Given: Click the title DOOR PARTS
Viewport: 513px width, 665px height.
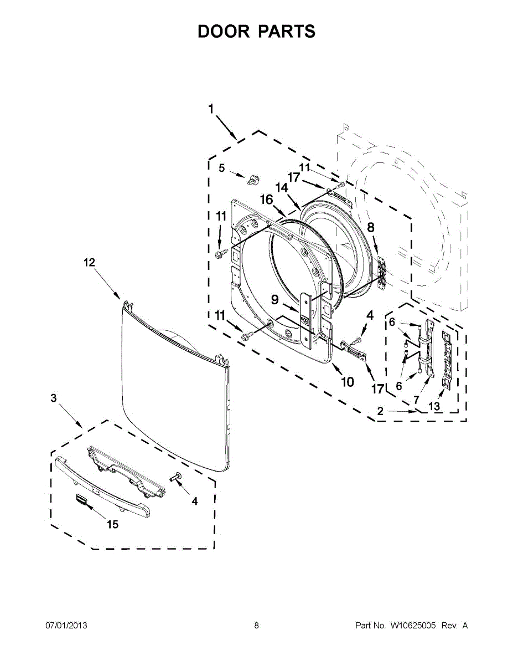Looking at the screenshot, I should (x=256, y=32).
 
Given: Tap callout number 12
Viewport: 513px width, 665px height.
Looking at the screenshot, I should (x=90, y=263).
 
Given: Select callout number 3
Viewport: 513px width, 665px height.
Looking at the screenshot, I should (x=54, y=398).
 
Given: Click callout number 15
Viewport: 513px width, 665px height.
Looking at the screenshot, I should (x=113, y=524).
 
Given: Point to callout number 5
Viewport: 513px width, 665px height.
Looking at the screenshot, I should (x=221, y=168).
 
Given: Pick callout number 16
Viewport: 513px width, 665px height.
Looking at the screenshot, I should (x=267, y=199).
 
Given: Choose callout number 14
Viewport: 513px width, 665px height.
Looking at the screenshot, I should (x=282, y=188).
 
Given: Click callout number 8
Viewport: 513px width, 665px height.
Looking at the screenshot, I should (x=370, y=227).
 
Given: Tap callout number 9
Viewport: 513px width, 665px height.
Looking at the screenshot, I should (x=275, y=300).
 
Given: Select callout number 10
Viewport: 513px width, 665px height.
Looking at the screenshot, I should (x=347, y=382).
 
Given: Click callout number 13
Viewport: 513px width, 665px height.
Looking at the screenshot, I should (x=434, y=407).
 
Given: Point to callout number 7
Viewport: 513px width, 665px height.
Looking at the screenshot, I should (x=416, y=399).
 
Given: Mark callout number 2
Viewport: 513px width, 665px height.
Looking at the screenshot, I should (x=381, y=411).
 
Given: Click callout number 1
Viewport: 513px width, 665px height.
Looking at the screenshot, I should (x=211, y=109).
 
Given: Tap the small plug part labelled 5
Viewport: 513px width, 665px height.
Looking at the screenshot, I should (x=254, y=178).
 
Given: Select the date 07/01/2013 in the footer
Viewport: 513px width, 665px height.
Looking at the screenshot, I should (x=66, y=626).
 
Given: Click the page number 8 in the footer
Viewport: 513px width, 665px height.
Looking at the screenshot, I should (x=256, y=626).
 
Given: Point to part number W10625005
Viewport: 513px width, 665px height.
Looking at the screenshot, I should (x=413, y=626).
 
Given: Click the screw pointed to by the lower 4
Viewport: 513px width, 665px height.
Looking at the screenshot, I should (x=178, y=477).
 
